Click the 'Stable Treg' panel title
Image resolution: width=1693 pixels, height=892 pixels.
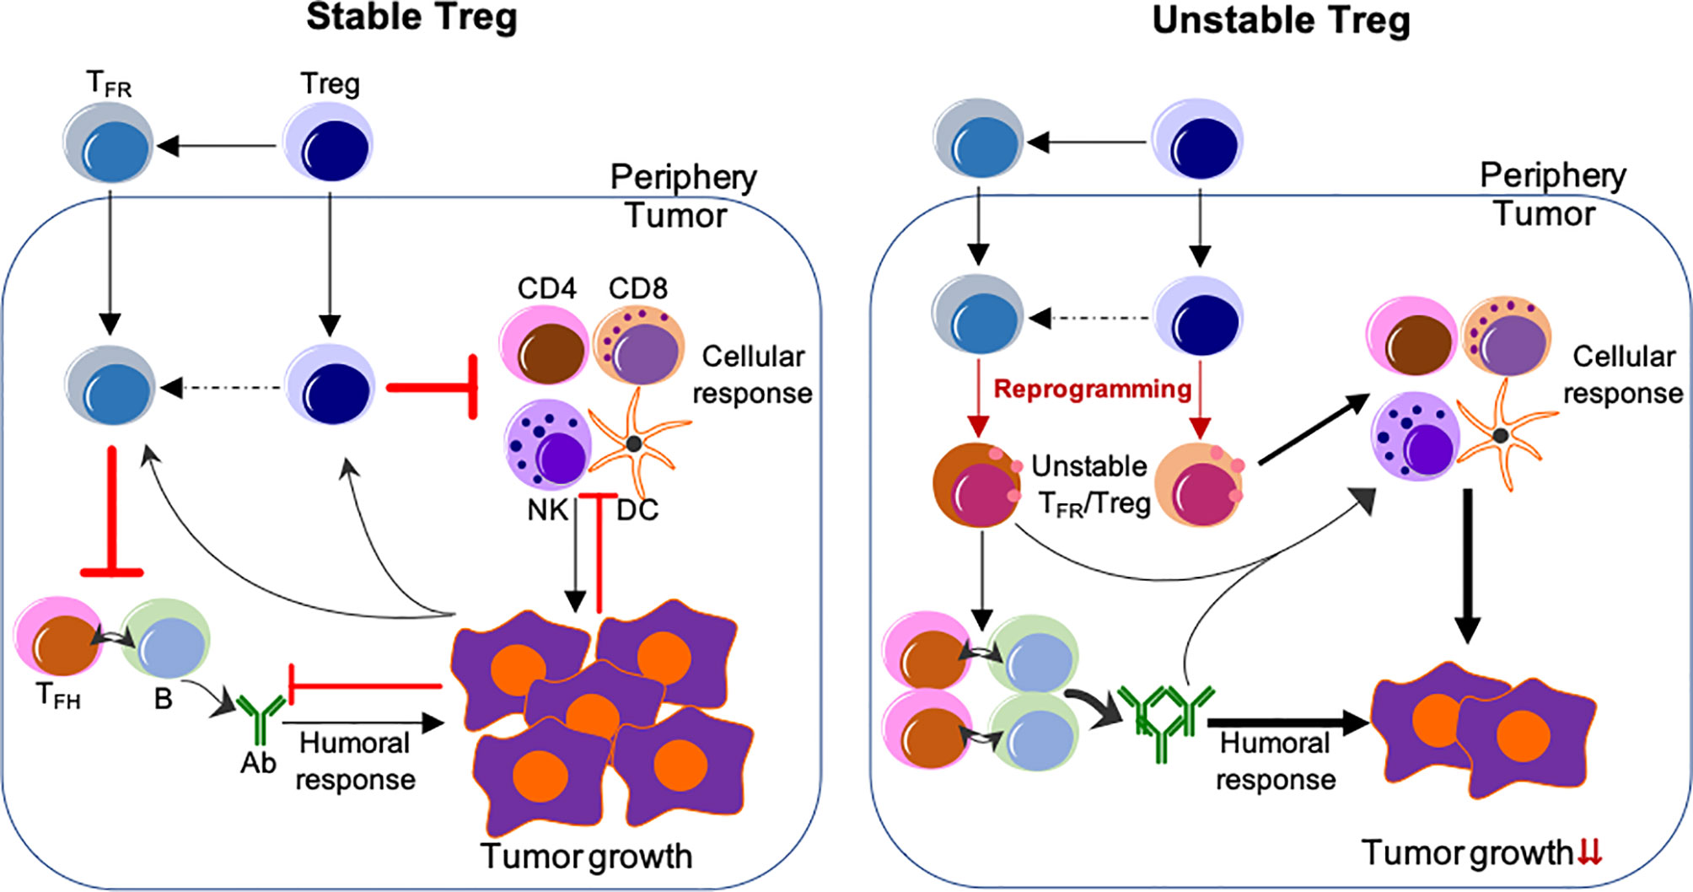tap(411, 18)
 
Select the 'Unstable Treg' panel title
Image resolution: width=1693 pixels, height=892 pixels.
tap(1281, 20)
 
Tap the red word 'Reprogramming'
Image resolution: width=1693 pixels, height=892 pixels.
tap(1093, 389)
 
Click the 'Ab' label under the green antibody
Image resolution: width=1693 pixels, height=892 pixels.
tap(258, 763)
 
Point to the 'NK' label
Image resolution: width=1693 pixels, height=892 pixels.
tap(547, 510)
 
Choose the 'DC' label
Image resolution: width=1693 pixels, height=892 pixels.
tap(637, 510)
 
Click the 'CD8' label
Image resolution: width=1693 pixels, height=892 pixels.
tap(638, 288)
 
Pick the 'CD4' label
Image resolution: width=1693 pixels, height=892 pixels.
tap(546, 288)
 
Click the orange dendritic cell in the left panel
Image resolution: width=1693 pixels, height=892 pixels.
tap(636, 443)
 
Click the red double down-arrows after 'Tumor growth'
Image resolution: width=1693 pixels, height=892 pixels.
tap(1589, 852)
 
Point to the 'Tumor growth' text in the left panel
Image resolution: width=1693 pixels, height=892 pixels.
tap(587, 856)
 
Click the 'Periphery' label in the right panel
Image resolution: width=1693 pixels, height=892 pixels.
tap(1553, 175)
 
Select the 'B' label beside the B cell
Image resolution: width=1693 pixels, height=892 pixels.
tap(163, 699)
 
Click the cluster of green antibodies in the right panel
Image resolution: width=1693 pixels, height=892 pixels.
tap(1166, 721)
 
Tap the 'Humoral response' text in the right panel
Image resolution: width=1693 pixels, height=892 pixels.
tap(1275, 761)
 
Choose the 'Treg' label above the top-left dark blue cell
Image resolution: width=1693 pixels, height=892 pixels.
tap(330, 83)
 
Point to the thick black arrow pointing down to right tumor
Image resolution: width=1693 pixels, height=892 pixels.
tap(1468, 565)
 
